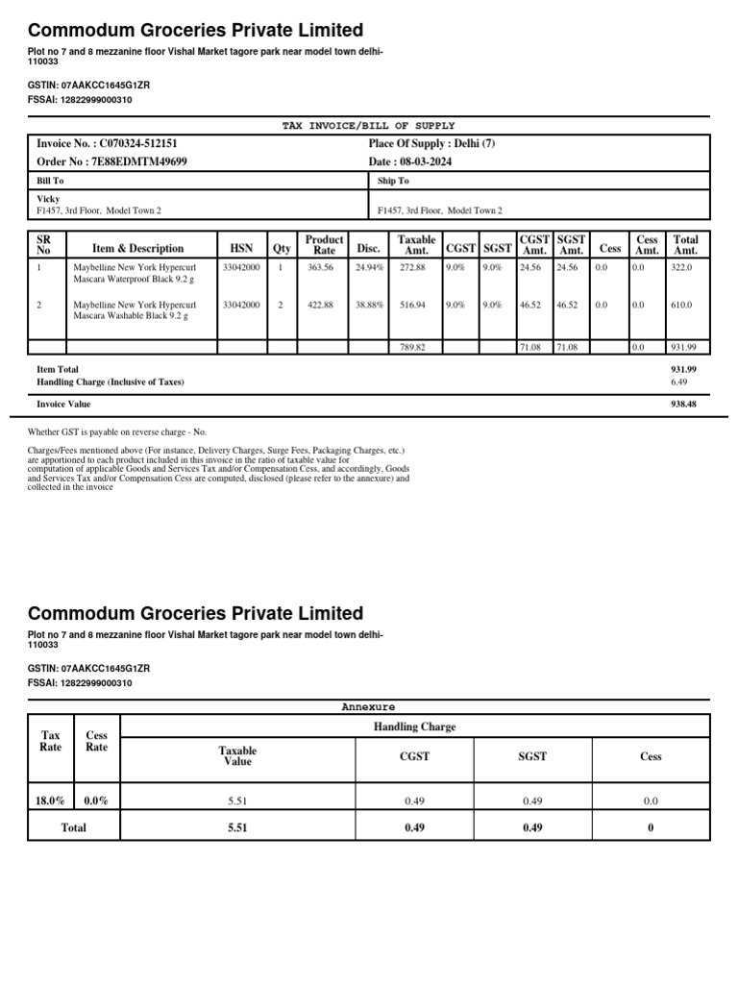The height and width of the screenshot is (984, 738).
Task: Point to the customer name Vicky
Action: click(x=48, y=199)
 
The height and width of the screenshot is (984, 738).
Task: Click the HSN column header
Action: click(x=241, y=248)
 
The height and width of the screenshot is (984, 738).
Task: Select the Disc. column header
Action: click(x=368, y=248)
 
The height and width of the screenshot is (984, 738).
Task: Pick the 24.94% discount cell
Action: click(x=368, y=268)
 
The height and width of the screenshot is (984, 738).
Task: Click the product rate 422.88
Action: click(x=320, y=305)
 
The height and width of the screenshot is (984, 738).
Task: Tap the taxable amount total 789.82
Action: click(x=412, y=347)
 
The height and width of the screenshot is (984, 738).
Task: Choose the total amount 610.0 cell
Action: click(x=681, y=305)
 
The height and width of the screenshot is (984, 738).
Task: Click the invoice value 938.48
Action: click(x=683, y=405)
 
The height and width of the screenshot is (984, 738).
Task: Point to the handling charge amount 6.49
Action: click(x=678, y=381)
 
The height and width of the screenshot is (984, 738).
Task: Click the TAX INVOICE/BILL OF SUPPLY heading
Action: click(x=368, y=126)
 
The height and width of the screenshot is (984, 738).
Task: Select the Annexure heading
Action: click(x=368, y=706)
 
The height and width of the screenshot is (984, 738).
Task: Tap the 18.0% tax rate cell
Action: click(x=51, y=799)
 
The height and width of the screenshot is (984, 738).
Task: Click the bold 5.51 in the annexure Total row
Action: click(x=237, y=827)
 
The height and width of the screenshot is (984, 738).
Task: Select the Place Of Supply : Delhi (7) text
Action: click(x=431, y=143)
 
